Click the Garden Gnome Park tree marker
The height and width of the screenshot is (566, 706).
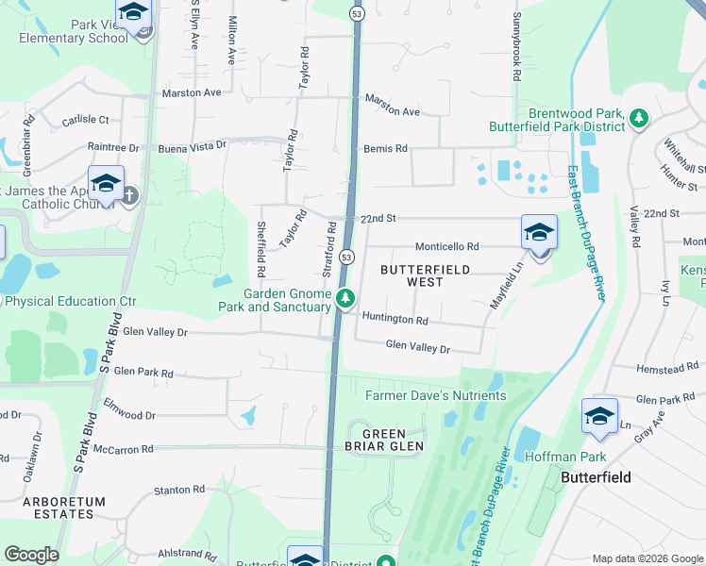(345, 299)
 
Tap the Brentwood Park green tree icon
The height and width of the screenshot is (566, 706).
(640, 118)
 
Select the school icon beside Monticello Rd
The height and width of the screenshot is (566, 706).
(539, 232)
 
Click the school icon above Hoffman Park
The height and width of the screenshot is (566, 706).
(600, 416)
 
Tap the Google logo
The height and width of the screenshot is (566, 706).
(32, 555)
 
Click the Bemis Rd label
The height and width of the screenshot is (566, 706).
(386, 149)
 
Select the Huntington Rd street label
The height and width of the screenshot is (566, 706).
(395, 320)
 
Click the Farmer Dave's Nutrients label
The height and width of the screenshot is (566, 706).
(435, 395)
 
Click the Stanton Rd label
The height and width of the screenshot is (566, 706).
(178, 490)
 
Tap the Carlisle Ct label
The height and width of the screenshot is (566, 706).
(86, 120)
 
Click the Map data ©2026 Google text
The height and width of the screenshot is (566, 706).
(647, 558)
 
